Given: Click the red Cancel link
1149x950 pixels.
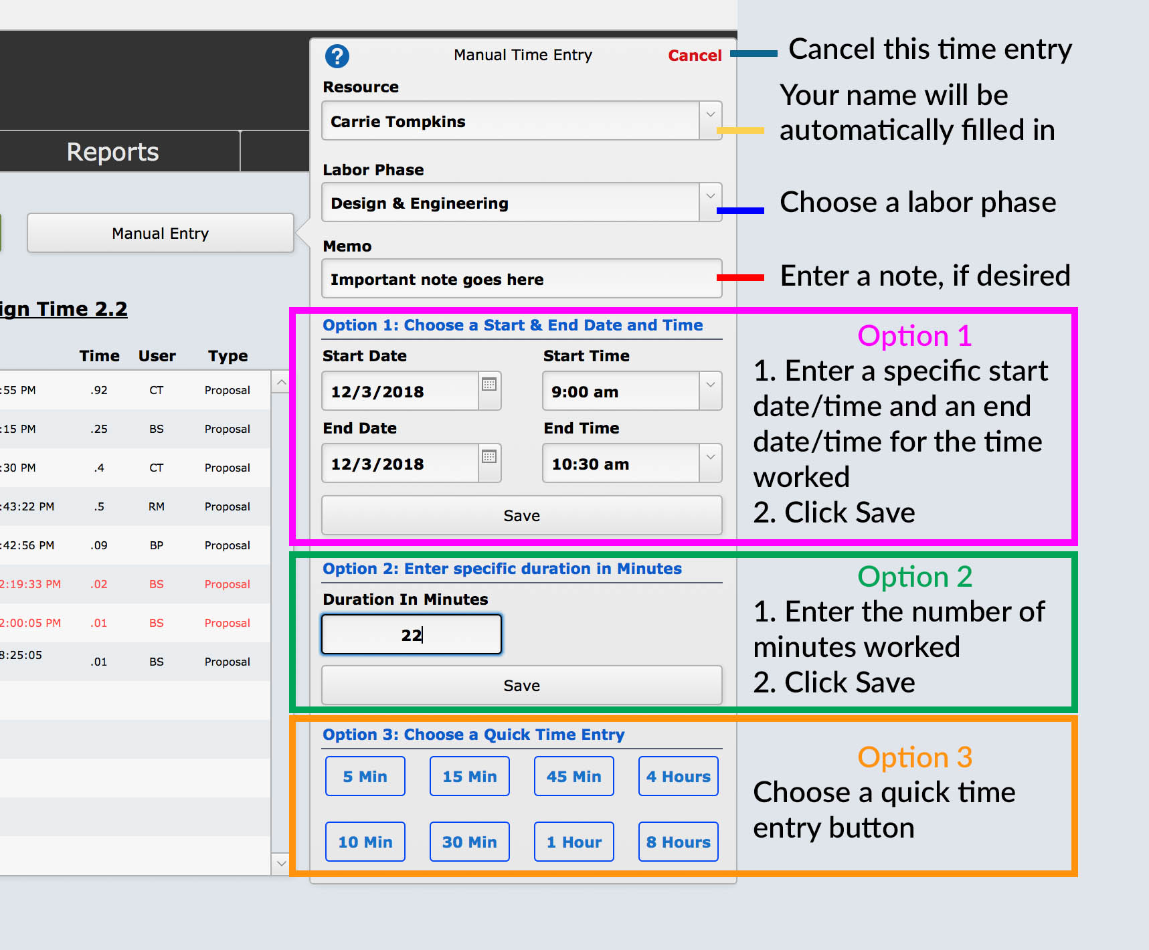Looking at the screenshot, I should [694, 56].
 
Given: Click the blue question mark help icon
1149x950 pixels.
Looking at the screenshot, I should [337, 56].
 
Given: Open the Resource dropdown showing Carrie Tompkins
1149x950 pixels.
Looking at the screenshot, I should [710, 120].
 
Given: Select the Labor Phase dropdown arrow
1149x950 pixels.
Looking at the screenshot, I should [710, 202].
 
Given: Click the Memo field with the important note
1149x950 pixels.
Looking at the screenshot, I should [521, 279].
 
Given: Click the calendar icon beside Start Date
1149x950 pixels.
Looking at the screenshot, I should [489, 384].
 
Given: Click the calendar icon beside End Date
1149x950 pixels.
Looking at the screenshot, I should [489, 456].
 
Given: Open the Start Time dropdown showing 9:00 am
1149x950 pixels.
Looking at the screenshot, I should [710, 391].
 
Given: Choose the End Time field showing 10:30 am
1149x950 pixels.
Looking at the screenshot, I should [622, 464].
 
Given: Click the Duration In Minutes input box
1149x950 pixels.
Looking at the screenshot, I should [411, 634].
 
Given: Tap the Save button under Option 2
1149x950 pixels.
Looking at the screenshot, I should [521, 685].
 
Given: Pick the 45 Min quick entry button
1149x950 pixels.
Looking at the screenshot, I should [573, 776].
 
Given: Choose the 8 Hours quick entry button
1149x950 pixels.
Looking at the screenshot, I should [678, 842].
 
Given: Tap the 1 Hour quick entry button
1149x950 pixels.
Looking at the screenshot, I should [573, 842].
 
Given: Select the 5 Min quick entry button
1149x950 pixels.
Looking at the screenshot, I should [365, 776].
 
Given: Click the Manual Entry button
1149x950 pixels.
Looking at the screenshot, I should [160, 233].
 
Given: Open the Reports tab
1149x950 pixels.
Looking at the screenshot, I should [113, 152].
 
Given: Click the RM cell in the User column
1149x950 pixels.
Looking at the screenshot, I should [157, 506].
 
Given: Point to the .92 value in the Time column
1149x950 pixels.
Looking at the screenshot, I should [99, 390].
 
